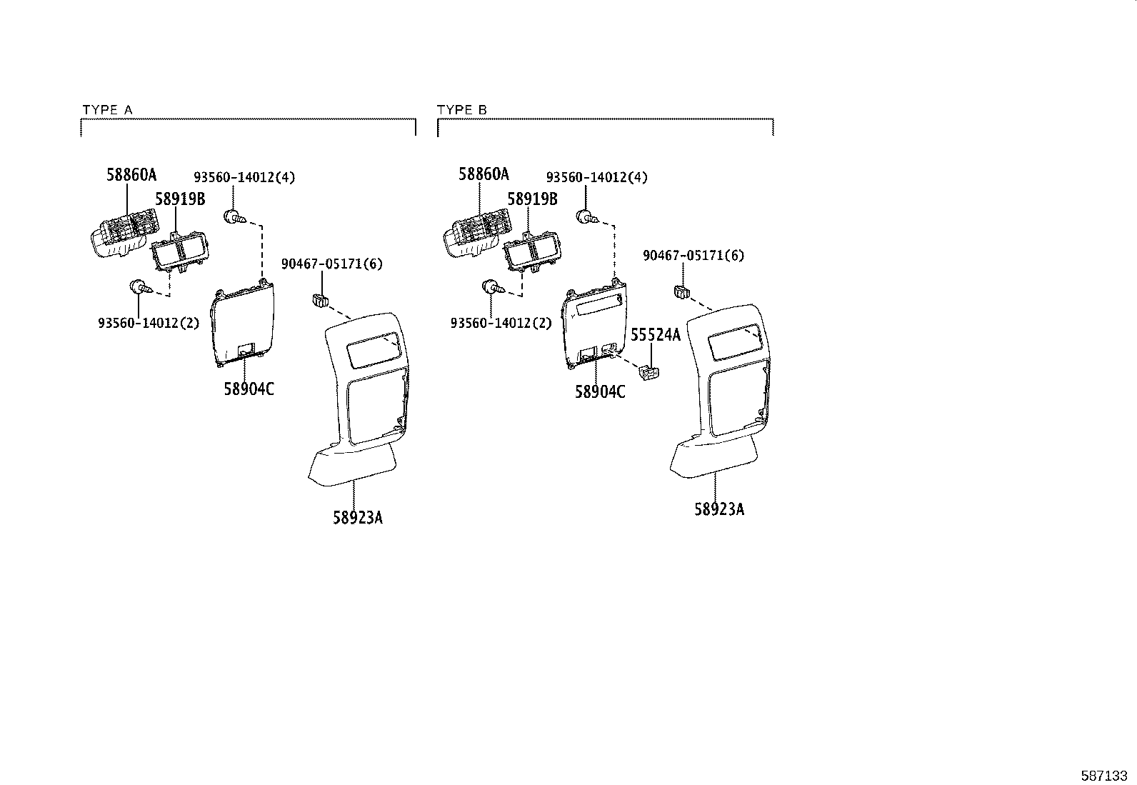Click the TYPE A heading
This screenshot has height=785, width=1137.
click(x=107, y=110)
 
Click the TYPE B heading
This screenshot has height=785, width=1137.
click(x=461, y=110)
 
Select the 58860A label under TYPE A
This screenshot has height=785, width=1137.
click(x=131, y=174)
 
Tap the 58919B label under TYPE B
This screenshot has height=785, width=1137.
click(x=532, y=199)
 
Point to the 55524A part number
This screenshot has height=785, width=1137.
click(x=656, y=334)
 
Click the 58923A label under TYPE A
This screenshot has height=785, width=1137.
click(x=357, y=517)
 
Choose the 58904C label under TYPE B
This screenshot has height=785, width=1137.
click(x=600, y=391)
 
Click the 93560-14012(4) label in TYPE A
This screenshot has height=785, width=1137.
click(x=244, y=177)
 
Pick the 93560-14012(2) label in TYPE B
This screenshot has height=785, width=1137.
click(x=501, y=323)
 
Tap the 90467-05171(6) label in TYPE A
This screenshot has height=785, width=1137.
click(x=331, y=264)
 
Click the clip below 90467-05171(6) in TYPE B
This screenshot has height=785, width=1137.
click(x=681, y=291)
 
